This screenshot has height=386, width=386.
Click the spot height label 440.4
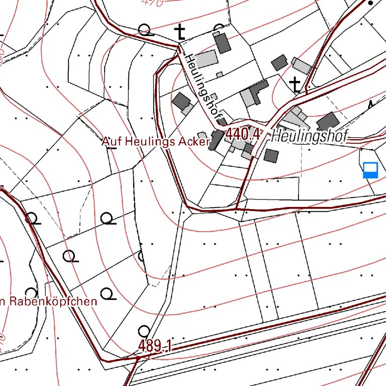coord(245,134)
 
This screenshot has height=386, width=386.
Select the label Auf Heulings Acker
coord(155,142)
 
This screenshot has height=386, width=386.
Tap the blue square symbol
coord(370,170)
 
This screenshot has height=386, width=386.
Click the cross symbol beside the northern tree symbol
coord(179,33)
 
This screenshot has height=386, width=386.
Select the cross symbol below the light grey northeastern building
coord(297,84)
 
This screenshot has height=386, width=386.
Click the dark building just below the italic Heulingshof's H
coord(271,155)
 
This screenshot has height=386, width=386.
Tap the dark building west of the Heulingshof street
coord(180,102)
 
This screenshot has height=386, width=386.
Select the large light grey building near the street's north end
coord(205,60)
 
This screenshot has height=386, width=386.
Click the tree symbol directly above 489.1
coord(144,331)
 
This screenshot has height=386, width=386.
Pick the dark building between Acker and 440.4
coord(217,139)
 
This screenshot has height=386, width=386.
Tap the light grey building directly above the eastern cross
coord(302,66)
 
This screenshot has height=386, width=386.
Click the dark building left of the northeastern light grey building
coord(279,63)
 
